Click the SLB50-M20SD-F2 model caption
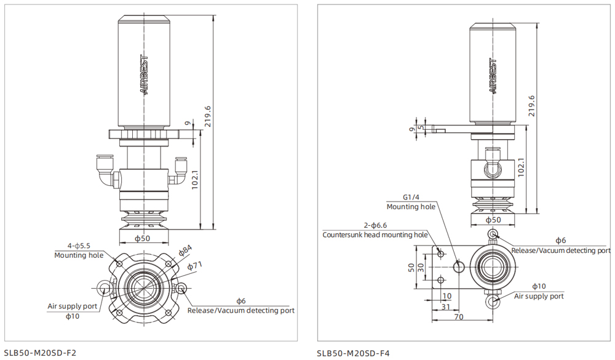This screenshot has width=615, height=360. pyautogui.click(x=40, y=353)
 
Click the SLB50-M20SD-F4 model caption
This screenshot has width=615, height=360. pyautogui.click(x=353, y=353)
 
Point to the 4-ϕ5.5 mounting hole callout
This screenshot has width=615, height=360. pyautogui.click(x=79, y=246)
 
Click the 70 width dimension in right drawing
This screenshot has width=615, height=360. pyautogui.click(x=459, y=316)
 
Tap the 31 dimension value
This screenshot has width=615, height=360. pyautogui.click(x=446, y=306)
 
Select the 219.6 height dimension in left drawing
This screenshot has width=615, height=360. pyautogui.click(x=208, y=117)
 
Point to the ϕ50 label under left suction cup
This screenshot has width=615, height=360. pyautogui.click(x=143, y=238)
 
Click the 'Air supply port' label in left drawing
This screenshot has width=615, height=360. pyautogui.click(x=73, y=306)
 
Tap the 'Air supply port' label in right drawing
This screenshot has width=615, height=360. pyautogui.click(x=539, y=296)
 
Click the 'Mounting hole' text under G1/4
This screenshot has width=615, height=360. pyautogui.click(x=411, y=207)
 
